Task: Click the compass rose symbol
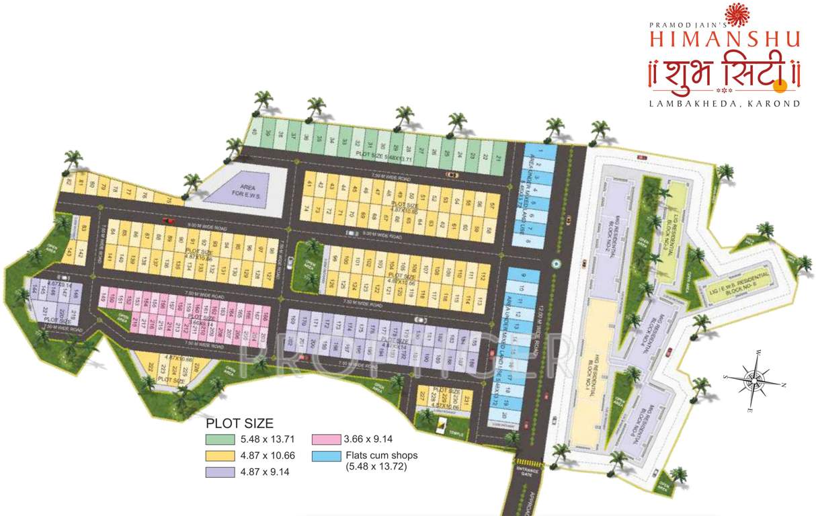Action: coord(753,382)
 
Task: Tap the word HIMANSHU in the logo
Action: coord(725,38)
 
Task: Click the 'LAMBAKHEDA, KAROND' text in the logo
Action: coord(725,103)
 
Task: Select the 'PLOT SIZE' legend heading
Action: coord(239,424)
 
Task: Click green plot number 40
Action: coord(254,132)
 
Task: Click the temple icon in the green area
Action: coord(442,424)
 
